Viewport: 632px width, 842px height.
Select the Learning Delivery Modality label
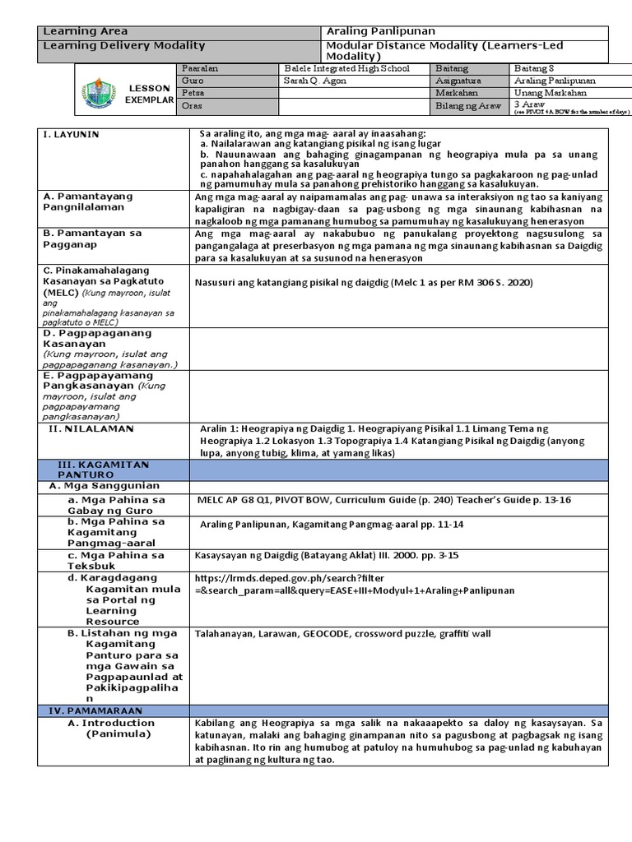(x=123, y=46)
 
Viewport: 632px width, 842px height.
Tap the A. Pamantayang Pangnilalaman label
(x=88, y=202)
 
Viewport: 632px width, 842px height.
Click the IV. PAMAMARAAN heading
(x=93, y=709)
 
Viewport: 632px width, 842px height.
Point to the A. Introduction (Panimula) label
(x=115, y=729)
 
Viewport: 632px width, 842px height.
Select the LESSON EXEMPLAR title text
(x=148, y=94)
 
